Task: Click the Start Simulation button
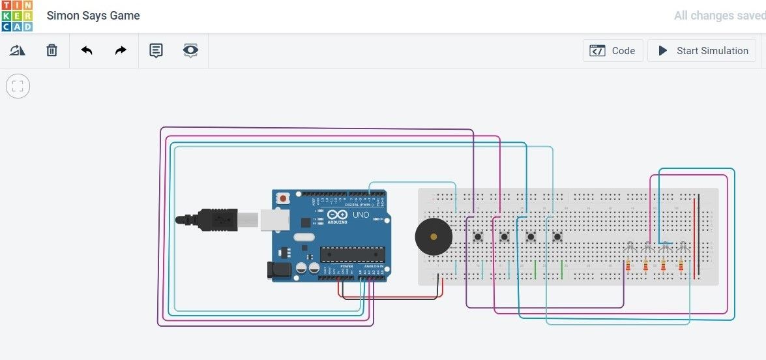coord(702,51)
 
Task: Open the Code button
coord(613,51)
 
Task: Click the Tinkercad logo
coord(16,16)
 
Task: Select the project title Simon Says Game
coord(93,16)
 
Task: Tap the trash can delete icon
coord(52,50)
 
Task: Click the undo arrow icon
coord(87,50)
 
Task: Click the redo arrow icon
coord(121,50)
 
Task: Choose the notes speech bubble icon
coord(156,50)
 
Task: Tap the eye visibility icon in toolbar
coord(190,50)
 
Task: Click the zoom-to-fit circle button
coord(18,85)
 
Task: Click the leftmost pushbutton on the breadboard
coord(478,236)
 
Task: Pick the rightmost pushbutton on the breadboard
coord(557,236)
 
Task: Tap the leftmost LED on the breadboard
coord(629,248)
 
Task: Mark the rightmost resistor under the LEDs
coord(681,266)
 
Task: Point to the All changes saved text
coord(719,16)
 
